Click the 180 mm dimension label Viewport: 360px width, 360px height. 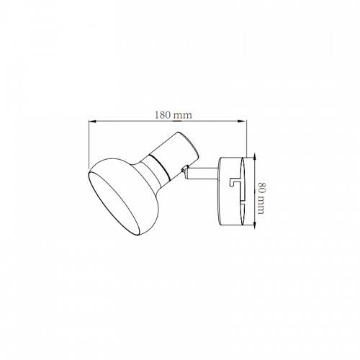pos(173,115)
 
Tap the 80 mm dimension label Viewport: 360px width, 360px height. pos(261,198)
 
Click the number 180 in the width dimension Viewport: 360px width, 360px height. pos(162,115)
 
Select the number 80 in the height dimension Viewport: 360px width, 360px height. pos(261,187)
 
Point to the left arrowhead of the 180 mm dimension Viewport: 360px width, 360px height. pos(92,121)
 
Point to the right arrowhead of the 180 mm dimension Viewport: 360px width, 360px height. pos(243,121)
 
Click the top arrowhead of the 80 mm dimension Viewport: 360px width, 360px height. pos(255,157)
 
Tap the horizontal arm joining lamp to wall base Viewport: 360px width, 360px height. pos(202,173)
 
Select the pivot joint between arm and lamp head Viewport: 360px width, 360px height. pos(184,170)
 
